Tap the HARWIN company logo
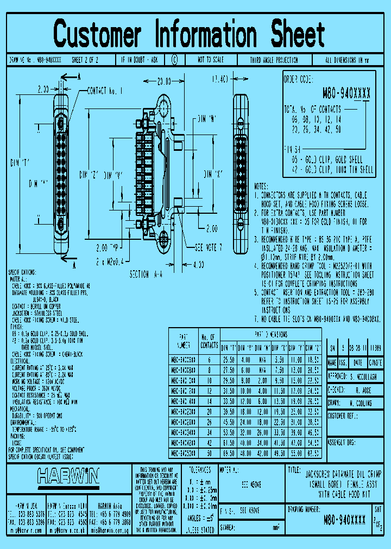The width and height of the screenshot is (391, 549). coord(68,476)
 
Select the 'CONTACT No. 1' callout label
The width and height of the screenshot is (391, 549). coord(105,91)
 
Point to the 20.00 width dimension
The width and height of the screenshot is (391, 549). coord(163,81)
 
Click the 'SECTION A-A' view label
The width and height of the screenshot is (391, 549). coord(146,275)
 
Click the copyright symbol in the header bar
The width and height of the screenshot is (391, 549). coord(174,60)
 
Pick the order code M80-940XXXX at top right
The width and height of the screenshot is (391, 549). coord(346,93)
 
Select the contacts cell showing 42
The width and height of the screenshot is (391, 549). coord(209,443)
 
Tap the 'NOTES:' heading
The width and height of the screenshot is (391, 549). coord(264,185)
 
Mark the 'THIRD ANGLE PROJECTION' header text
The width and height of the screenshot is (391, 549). coord(274,60)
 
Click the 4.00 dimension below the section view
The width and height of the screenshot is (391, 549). coord(198,264)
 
